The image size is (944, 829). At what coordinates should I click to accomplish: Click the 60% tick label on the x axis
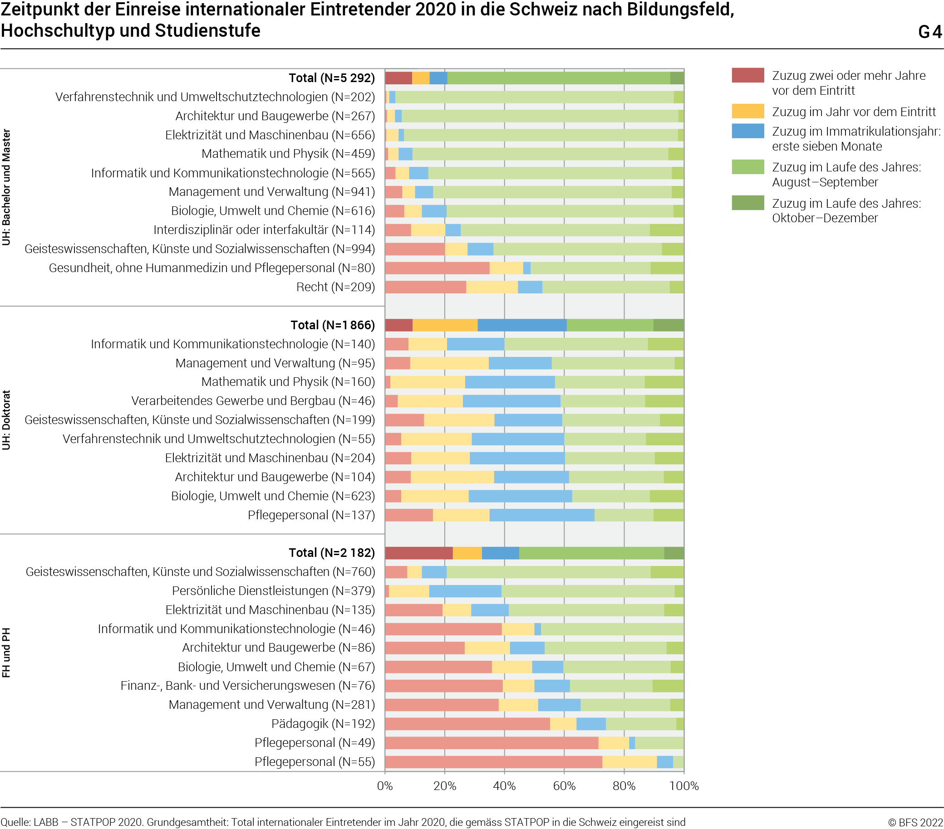[x=564, y=785]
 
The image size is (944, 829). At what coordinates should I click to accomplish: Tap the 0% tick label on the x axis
[x=385, y=785]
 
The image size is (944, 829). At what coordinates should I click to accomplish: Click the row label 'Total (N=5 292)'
[x=332, y=78]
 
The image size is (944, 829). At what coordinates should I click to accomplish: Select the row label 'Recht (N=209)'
[x=335, y=287]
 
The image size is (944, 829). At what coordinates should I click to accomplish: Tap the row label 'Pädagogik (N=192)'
[x=323, y=723]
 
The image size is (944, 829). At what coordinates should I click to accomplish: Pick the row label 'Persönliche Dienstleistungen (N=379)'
[x=273, y=591]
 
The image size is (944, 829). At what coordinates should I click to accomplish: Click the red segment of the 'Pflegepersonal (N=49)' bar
[x=492, y=743]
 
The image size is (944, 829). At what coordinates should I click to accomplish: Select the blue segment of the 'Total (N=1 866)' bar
[x=522, y=325]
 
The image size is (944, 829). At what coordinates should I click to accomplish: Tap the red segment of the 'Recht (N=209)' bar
[x=425, y=287]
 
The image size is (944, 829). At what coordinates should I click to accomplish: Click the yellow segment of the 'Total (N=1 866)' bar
[x=445, y=325]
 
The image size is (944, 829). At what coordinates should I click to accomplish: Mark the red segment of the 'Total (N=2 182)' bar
[x=418, y=553]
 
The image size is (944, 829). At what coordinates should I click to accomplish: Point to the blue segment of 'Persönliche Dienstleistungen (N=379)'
[x=465, y=591]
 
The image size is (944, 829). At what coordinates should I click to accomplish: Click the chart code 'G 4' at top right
[x=929, y=32]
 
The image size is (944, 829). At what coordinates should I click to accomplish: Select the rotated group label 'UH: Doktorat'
[x=6, y=420]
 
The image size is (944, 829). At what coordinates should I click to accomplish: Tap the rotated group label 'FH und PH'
[x=6, y=653]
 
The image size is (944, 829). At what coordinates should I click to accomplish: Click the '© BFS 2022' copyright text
[x=915, y=822]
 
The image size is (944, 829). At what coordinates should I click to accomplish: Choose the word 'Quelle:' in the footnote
[x=15, y=822]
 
